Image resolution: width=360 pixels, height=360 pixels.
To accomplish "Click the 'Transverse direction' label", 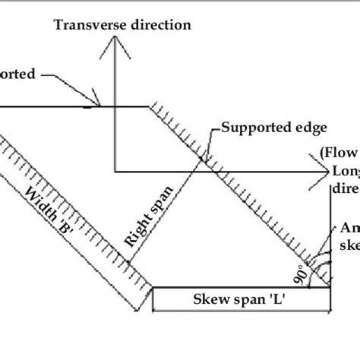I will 122,24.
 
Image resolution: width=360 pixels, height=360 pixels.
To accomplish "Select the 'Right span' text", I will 148,215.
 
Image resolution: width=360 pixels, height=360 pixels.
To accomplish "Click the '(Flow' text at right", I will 339,150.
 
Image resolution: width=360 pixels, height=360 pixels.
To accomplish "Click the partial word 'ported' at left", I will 15,75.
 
